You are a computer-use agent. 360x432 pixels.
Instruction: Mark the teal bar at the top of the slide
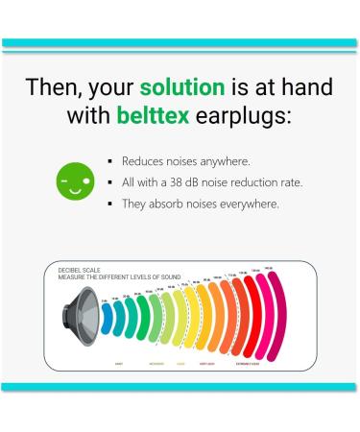pos(180,43)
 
